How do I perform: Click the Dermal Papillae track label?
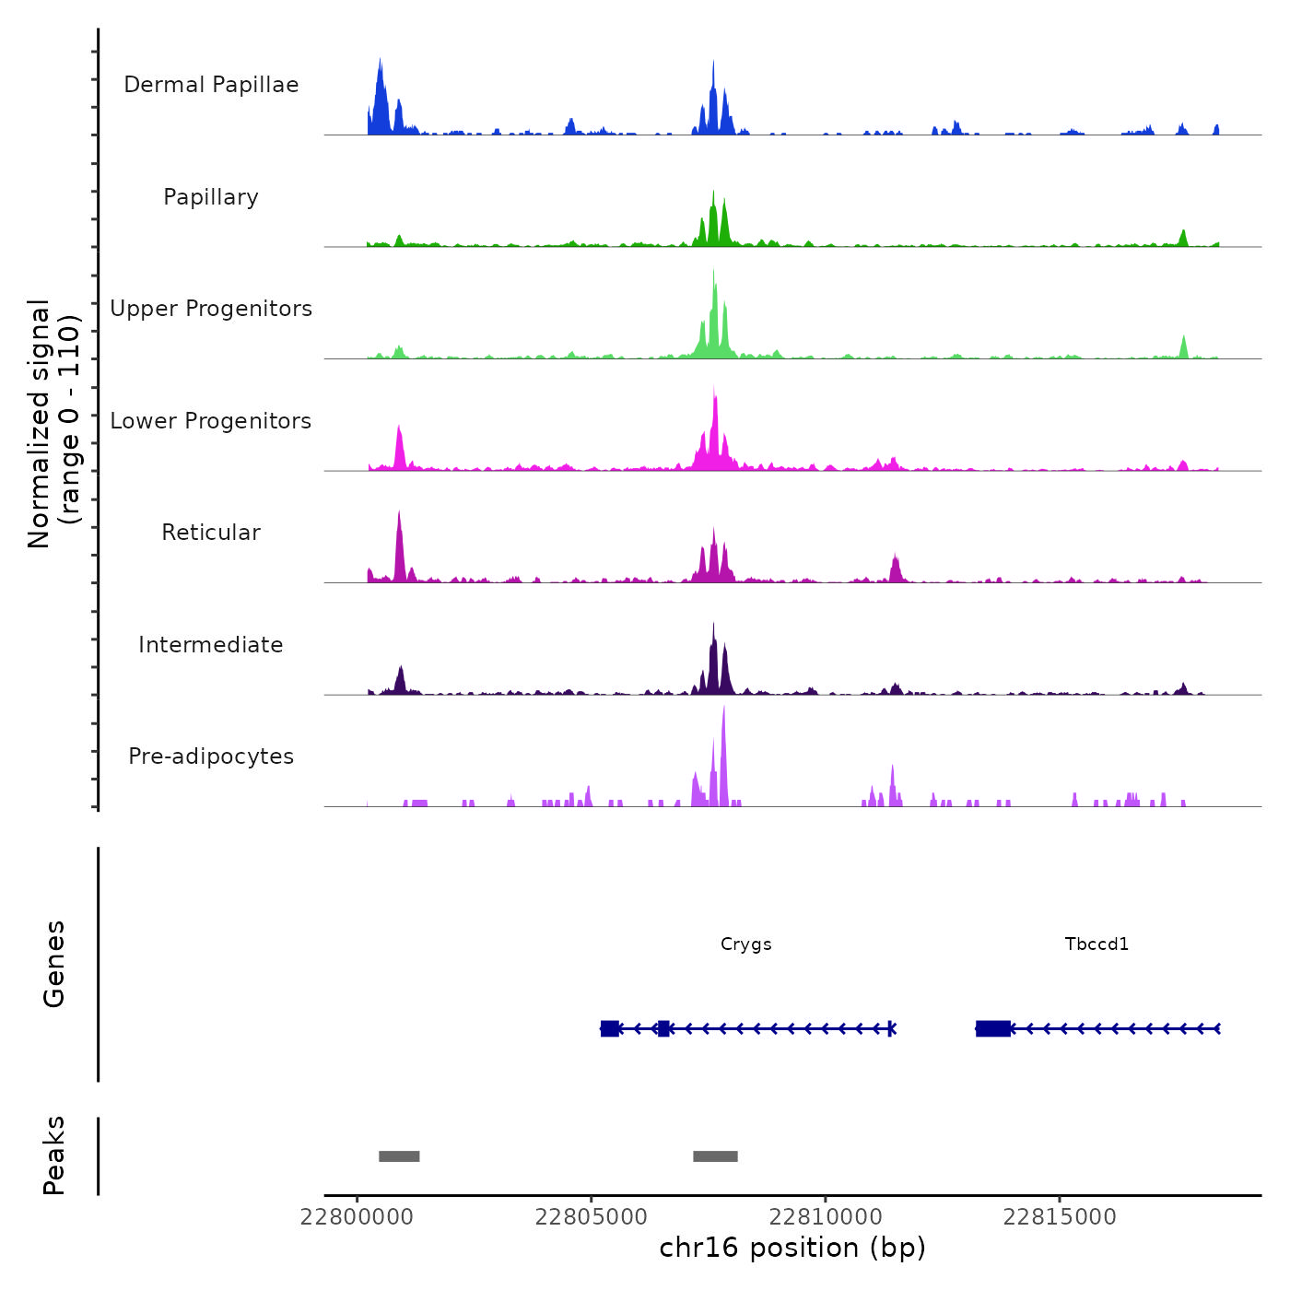pos(211,85)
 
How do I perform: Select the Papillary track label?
pos(211,197)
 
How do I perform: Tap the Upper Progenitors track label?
pos(211,309)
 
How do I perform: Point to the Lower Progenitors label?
pos(211,421)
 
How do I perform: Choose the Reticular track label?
pos(211,533)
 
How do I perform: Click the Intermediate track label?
pos(211,645)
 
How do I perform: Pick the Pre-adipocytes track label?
pos(211,756)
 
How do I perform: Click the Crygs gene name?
pos(746,944)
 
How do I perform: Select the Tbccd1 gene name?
pos(1096,944)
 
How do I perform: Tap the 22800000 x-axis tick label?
pos(357,1217)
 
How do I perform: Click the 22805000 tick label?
pos(591,1217)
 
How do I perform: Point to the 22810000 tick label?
pos(826,1217)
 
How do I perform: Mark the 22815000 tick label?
pos(1060,1217)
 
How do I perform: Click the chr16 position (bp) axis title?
pos(792,1248)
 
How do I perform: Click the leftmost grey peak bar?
pos(399,1156)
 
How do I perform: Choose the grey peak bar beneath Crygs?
pos(715,1156)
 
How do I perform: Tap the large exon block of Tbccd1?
pos(993,1028)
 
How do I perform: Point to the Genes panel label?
pos(54,964)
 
